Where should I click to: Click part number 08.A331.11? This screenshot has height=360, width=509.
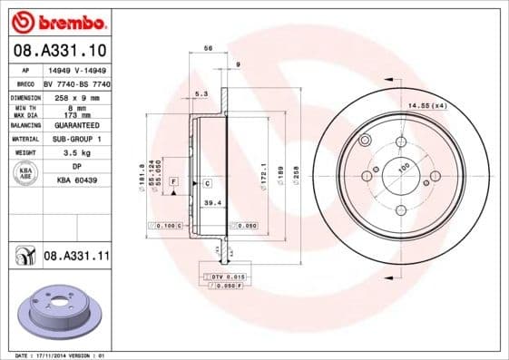75,257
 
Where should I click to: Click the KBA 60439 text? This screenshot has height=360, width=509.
76,180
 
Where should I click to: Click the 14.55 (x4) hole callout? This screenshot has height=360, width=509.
428,107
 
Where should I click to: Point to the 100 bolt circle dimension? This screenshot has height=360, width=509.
403,166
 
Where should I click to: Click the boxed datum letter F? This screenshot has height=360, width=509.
172,183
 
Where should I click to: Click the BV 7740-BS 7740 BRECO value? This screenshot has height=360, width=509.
76,83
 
